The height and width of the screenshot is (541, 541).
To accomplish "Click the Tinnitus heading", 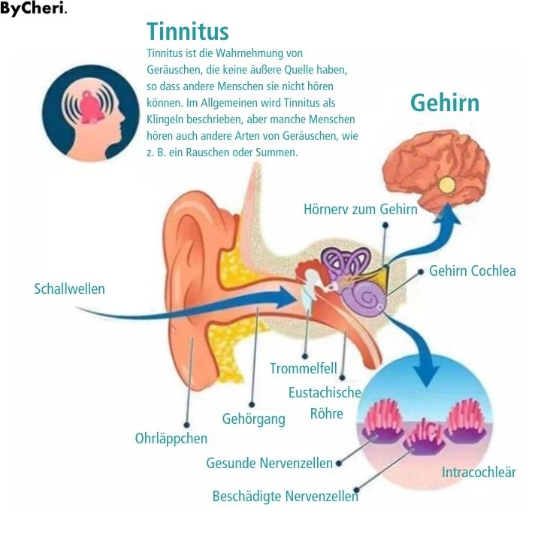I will [188, 32].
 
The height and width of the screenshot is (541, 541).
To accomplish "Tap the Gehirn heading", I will [444, 103].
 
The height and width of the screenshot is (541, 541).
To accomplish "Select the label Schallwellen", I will [70, 289].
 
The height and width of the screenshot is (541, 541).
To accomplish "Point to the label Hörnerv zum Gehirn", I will [360, 209].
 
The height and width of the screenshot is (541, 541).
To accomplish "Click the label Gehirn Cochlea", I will [472, 270].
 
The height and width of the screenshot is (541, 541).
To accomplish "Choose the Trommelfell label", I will [304, 369].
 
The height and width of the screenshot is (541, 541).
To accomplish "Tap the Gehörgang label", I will [253, 419].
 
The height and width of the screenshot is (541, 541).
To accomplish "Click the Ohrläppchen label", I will [171, 437].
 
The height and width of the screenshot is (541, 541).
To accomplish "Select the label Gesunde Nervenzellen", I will [269, 464].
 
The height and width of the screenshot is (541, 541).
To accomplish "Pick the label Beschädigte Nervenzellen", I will [285, 496].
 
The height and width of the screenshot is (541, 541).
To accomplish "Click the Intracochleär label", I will [479, 473].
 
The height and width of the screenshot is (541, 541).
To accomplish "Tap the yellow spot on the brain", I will [448, 183].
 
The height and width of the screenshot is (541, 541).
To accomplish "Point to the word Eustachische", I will [325, 392].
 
